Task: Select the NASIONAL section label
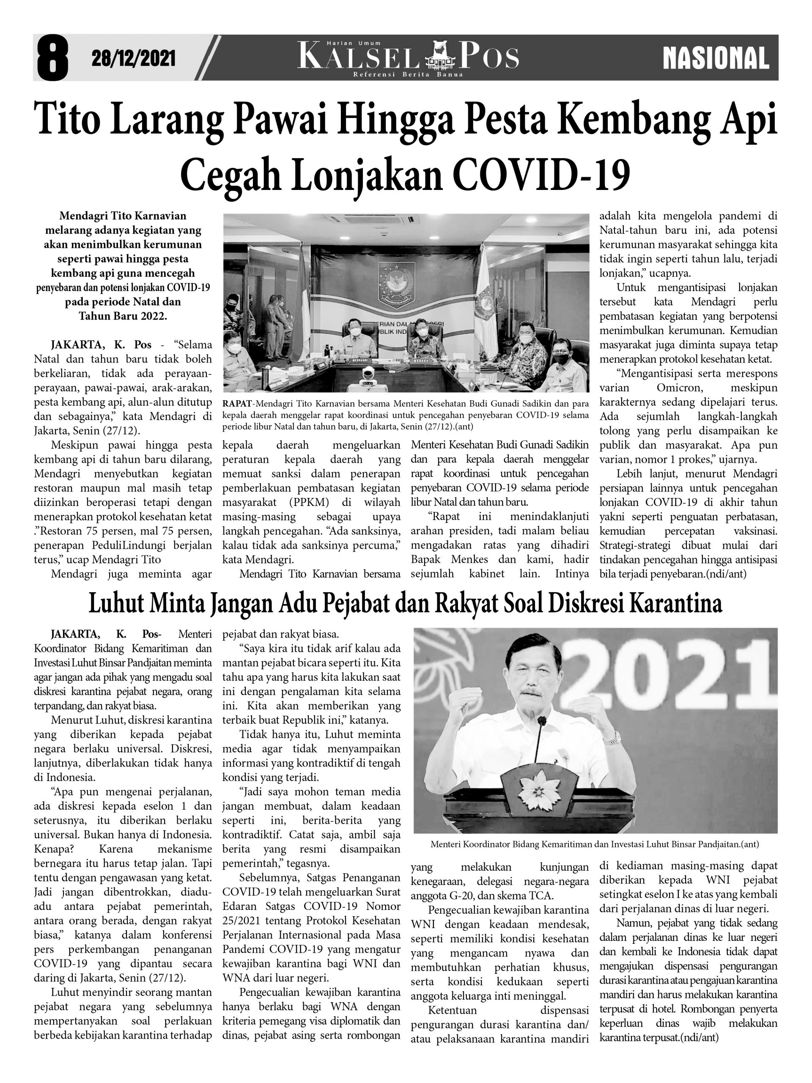[716, 58]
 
